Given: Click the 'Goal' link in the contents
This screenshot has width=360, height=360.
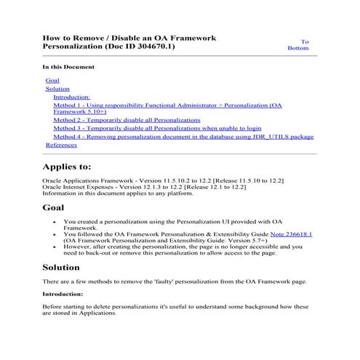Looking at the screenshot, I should tap(52, 79).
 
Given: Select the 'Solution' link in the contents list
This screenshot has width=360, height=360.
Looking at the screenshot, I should tap(57, 89).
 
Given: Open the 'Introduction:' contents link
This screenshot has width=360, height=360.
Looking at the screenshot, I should tap(71, 97).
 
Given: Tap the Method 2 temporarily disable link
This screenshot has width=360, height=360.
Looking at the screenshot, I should tap(126, 119).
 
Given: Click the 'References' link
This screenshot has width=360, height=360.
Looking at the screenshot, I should tap(61, 145).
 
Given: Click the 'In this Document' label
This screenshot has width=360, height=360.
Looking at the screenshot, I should tap(68, 67).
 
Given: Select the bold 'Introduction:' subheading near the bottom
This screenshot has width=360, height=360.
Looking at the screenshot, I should tap(63, 295).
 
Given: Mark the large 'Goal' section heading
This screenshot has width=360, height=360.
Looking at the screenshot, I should tap(53, 207).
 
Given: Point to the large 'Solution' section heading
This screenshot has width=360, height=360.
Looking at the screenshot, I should tap(60, 267).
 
